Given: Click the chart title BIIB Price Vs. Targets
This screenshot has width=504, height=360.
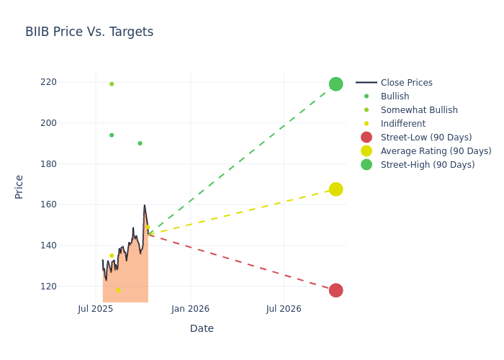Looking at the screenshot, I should click(89, 32).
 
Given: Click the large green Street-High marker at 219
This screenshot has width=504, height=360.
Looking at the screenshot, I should click(336, 84).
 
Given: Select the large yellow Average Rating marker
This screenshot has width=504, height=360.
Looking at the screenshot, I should click(336, 189).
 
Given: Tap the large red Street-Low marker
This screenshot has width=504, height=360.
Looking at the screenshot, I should click(336, 290).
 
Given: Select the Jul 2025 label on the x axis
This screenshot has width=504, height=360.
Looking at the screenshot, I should click(96, 310).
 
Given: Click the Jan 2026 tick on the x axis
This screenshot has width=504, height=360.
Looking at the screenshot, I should click(190, 310).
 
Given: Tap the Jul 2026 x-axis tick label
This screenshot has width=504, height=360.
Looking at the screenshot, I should click(284, 310).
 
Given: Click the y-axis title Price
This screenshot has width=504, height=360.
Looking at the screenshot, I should click(19, 186).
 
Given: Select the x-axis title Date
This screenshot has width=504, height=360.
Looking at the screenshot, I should click(202, 328).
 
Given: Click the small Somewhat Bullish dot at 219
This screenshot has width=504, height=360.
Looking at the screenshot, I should click(112, 84).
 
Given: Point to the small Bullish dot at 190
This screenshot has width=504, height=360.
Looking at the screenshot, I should click(140, 143).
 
